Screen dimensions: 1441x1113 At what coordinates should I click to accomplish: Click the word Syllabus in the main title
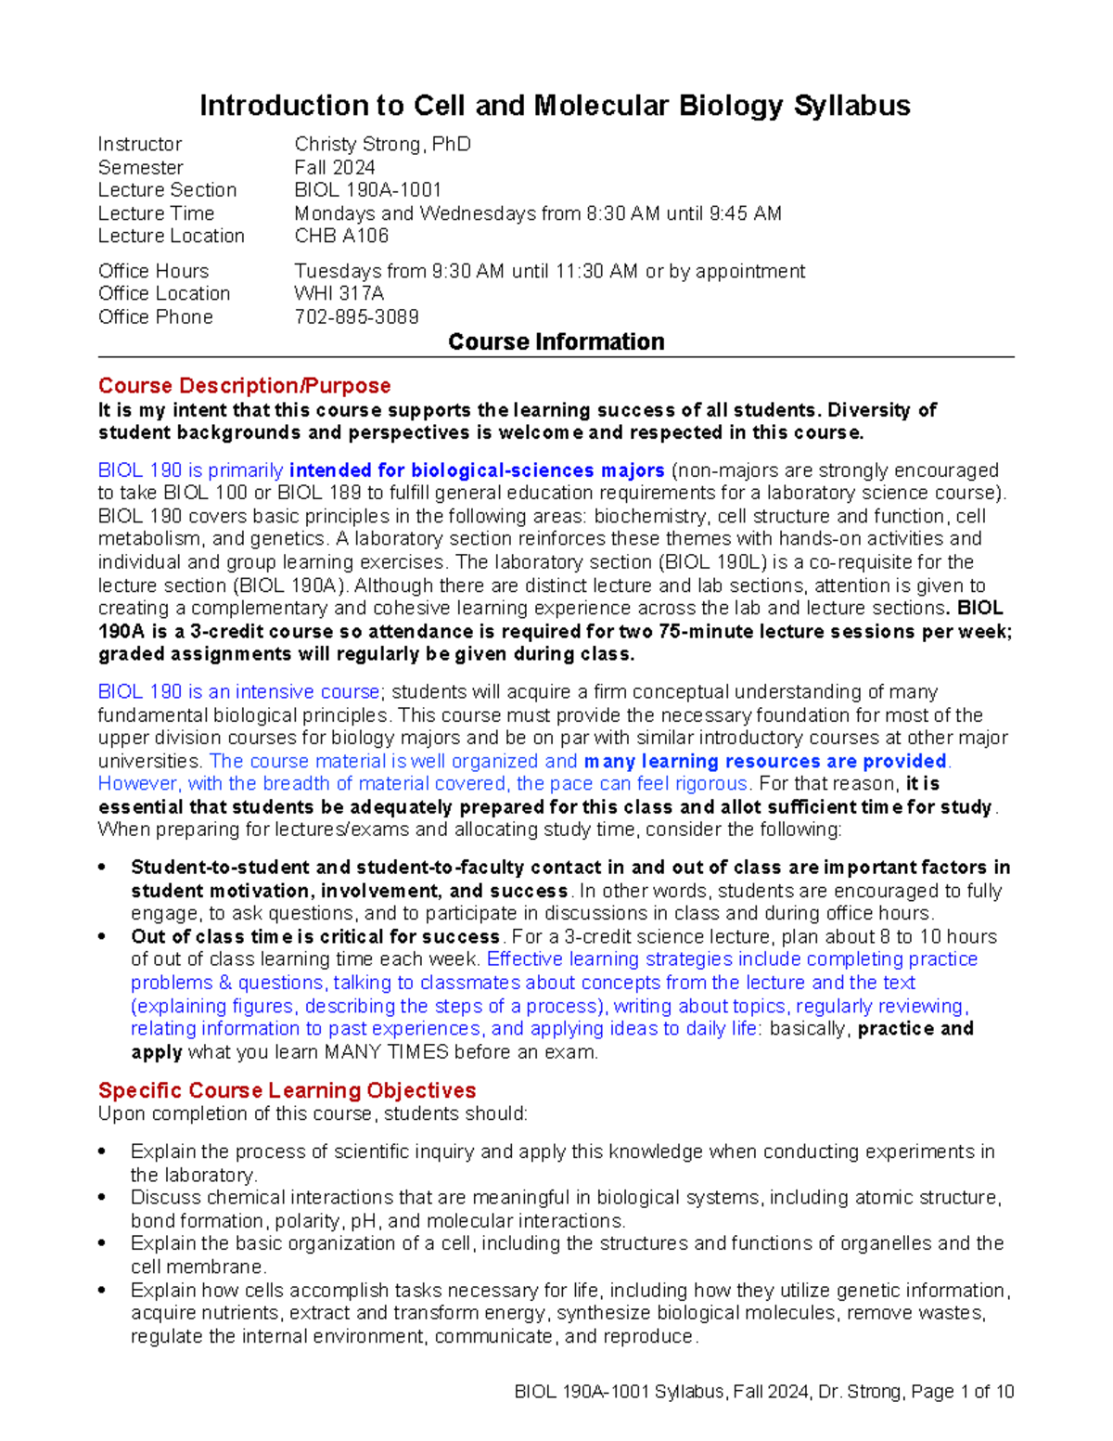coord(851,106)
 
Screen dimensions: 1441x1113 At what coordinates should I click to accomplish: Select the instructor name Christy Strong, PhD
coord(382,145)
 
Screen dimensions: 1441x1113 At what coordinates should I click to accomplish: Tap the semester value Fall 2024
coord(334,168)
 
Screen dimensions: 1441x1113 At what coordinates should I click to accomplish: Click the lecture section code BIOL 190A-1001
coord(367,190)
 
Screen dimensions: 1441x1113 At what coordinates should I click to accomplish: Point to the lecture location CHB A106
coord(341,236)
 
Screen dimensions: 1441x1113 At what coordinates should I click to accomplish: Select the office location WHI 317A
coord(339,293)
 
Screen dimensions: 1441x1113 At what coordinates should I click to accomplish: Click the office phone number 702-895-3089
coord(356,316)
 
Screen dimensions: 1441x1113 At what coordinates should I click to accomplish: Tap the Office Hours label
coord(153,271)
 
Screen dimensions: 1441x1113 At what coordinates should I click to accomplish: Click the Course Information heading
coord(556,341)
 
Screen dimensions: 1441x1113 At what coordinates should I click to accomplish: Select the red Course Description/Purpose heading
coord(244,385)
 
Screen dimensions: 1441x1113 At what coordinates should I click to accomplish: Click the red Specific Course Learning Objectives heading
coord(287,1089)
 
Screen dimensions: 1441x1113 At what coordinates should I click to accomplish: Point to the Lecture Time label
coord(156,213)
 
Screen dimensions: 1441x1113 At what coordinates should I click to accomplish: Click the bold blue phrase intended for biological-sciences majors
coord(477,470)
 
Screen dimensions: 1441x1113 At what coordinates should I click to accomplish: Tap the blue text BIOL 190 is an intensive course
coord(238,692)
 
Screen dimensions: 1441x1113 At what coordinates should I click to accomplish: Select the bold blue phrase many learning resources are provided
coord(765,761)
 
